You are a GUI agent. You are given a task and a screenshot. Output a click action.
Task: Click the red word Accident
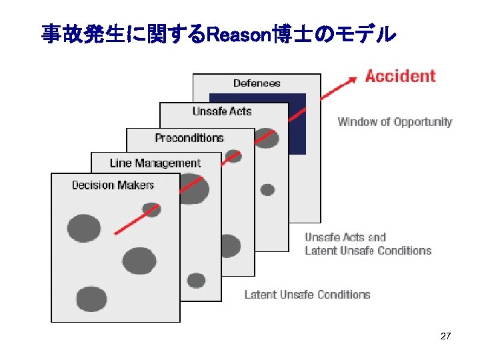[x=400, y=76]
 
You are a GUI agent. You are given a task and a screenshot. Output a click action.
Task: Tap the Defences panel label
[x=257, y=83]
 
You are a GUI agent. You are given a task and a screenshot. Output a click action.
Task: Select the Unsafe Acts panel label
[x=222, y=111]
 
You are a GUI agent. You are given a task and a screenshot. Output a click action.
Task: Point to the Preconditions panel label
[x=189, y=138]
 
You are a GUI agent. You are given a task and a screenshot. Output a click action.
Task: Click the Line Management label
[x=155, y=163]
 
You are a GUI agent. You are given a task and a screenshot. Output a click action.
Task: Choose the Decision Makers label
[x=113, y=185]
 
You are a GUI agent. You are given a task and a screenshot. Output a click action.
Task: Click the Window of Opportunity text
[x=395, y=122]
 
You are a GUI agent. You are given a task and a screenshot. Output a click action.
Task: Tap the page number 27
[x=446, y=337]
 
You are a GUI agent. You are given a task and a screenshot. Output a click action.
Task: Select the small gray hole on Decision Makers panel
[x=152, y=209]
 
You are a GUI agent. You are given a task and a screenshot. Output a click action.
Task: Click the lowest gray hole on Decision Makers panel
[x=91, y=299]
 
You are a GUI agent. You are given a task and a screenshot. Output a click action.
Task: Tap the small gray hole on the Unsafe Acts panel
[x=267, y=190]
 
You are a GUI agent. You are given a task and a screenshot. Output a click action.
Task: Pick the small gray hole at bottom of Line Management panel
[x=196, y=280]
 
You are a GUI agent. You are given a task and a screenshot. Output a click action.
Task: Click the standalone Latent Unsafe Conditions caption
[x=307, y=294]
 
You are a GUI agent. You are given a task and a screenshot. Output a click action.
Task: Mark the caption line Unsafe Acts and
[x=345, y=237]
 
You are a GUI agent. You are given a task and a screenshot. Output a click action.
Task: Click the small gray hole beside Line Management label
[x=233, y=156]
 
